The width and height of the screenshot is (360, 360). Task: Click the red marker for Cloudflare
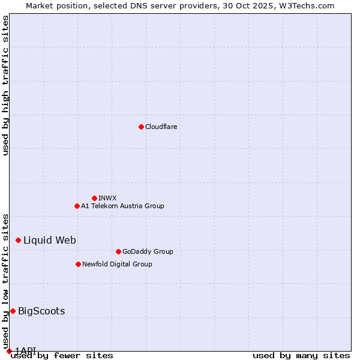click(x=141, y=127)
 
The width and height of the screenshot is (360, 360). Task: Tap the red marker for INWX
click(x=94, y=198)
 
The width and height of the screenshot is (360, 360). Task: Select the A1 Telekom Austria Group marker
click(x=77, y=206)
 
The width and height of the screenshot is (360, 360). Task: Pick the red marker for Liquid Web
click(x=18, y=240)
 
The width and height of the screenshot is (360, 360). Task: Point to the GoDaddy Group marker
click(x=118, y=251)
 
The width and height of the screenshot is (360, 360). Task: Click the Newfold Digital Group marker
click(x=78, y=264)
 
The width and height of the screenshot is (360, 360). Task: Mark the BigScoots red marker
click(x=13, y=311)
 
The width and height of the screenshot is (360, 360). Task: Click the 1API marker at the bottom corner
click(x=9, y=351)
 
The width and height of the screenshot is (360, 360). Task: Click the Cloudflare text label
click(x=161, y=127)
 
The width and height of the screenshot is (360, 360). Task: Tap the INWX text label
click(x=107, y=198)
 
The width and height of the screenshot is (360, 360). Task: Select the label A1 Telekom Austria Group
click(x=122, y=206)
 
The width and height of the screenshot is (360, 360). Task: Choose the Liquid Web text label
click(x=49, y=240)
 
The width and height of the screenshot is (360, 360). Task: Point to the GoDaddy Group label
click(x=148, y=251)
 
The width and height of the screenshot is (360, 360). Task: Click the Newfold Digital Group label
click(x=117, y=264)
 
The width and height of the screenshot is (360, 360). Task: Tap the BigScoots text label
click(x=41, y=311)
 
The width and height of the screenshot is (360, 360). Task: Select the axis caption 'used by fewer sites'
click(x=62, y=355)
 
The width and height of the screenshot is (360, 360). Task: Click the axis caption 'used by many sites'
click(x=301, y=355)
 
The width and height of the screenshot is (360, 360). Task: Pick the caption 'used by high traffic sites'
click(x=6, y=85)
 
